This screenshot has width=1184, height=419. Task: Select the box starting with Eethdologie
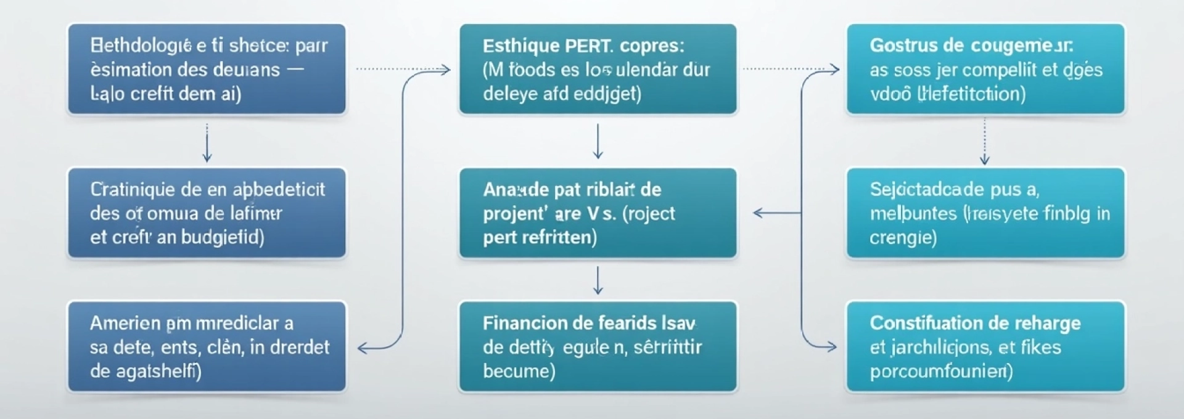207,69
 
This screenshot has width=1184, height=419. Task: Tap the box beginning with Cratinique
207,213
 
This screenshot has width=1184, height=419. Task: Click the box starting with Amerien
207,346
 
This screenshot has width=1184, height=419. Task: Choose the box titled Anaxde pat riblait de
598,213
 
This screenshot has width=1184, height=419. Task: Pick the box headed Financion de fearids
598,346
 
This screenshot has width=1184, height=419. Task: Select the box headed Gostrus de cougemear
985,69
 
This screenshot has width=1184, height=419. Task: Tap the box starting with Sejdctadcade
985,213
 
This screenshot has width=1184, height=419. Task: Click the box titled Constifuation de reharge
985,346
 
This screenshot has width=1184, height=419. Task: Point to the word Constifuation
920,323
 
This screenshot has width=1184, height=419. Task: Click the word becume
518,371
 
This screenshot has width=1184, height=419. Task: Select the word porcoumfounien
940,372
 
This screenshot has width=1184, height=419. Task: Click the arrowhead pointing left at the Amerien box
363,348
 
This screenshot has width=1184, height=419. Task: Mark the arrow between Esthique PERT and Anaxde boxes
598,142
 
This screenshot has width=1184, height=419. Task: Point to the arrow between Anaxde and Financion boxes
598,280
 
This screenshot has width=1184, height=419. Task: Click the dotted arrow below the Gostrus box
985,142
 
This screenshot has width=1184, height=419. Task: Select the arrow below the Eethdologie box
207,143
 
